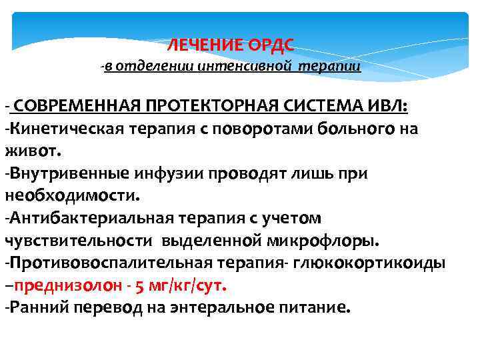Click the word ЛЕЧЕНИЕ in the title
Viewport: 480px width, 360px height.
(x=197, y=45)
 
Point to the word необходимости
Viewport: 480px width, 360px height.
(x=71, y=196)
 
